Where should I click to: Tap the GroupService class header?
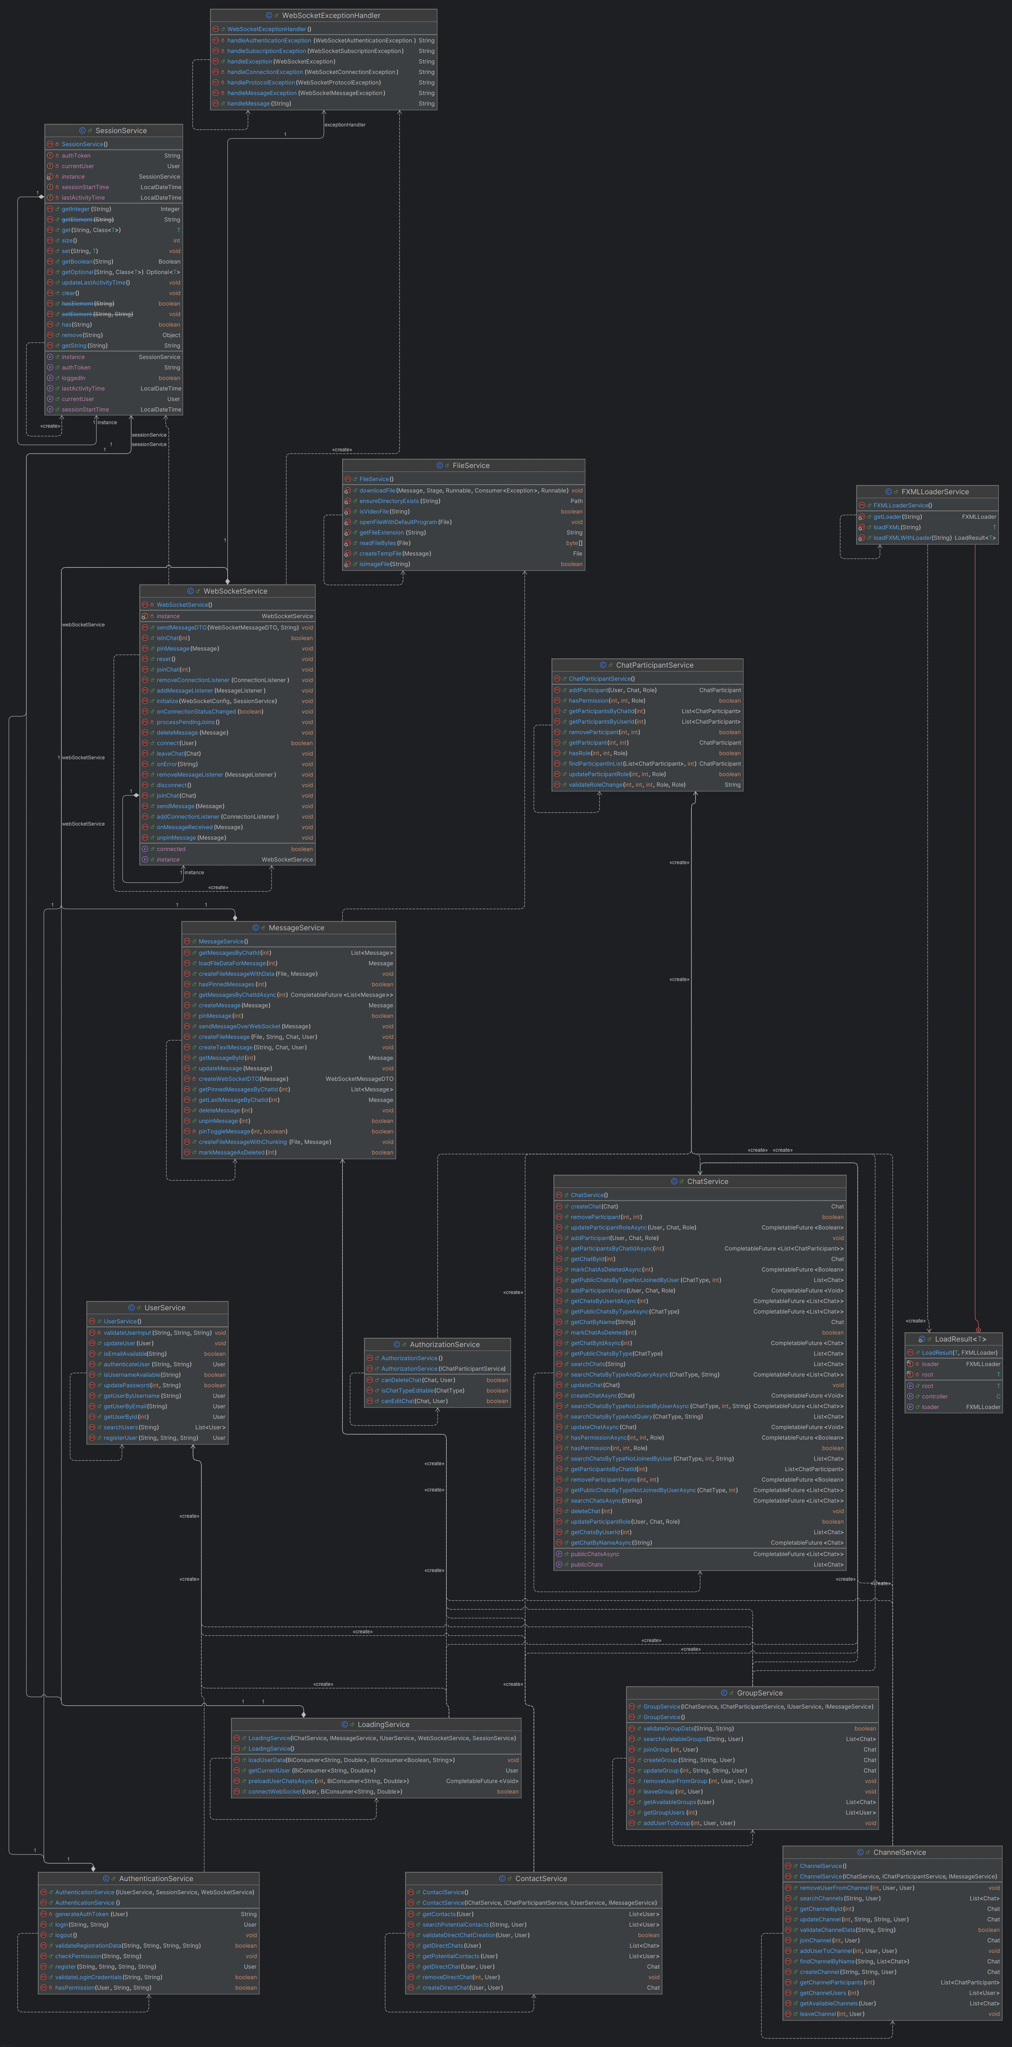click(x=758, y=1693)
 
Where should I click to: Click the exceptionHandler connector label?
click(x=345, y=125)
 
